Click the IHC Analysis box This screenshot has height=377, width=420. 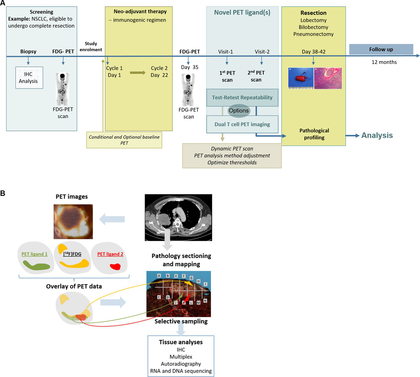tap(29, 77)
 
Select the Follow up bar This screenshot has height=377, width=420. tap(381, 49)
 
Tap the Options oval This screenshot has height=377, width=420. tap(239, 111)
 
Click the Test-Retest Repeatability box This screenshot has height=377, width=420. tap(242, 97)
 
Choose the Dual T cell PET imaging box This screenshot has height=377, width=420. tap(242, 124)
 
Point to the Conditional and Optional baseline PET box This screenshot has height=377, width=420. tap(124, 140)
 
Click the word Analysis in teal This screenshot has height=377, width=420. tap(377, 135)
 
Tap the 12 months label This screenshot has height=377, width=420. tap(384, 62)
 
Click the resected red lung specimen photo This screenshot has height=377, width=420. tap(301, 78)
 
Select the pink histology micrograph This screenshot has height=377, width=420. tap(328, 78)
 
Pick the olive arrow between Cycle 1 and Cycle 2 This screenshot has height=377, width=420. tap(138, 73)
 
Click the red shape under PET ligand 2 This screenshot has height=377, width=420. tap(115, 266)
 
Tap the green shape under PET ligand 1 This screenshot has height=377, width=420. tap(36, 265)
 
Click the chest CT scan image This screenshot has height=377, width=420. tap(178, 217)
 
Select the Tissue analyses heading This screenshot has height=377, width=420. tap(181, 342)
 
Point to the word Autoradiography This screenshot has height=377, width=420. tap(181, 364)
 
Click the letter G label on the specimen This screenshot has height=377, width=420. tap(191, 278)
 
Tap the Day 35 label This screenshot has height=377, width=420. tap(190, 67)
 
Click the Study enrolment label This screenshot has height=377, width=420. tap(91, 47)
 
